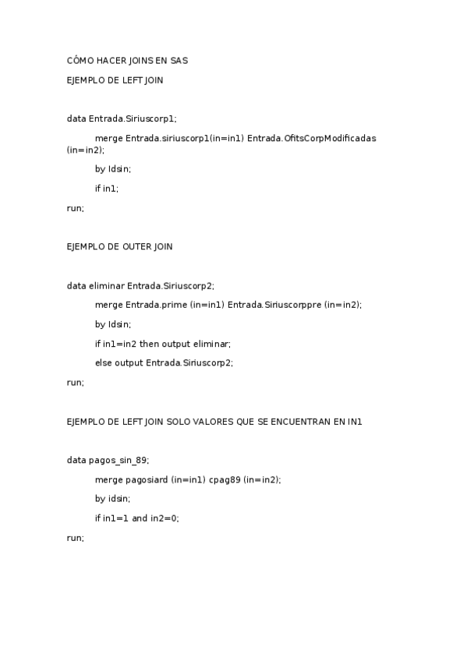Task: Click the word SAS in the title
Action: (x=179, y=60)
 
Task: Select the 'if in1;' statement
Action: (x=107, y=188)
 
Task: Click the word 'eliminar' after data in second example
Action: (x=107, y=286)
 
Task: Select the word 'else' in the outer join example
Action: (x=103, y=362)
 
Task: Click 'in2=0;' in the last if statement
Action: (x=165, y=518)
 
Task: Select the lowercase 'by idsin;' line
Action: (x=112, y=499)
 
